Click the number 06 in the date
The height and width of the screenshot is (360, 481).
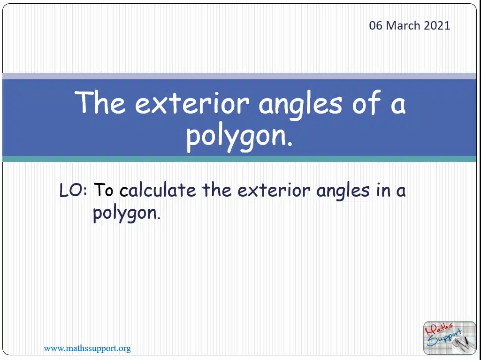click(x=376, y=25)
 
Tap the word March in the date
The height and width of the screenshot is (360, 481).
click(x=403, y=25)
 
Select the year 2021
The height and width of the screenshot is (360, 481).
click(x=437, y=25)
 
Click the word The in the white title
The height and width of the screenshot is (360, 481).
click(x=100, y=102)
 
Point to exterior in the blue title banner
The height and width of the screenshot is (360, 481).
click(x=192, y=103)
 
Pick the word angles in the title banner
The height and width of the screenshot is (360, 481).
click(x=300, y=104)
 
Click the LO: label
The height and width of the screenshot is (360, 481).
click(x=73, y=190)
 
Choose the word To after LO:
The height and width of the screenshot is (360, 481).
click(x=103, y=190)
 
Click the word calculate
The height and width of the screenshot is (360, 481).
click(x=158, y=190)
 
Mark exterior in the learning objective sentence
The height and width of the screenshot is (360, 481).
click(x=274, y=190)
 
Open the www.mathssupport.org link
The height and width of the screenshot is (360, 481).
click(x=87, y=348)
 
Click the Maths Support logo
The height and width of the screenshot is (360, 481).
click(x=450, y=337)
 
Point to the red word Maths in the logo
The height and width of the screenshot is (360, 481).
click(x=438, y=329)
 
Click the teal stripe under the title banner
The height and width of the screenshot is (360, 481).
click(x=239, y=159)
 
